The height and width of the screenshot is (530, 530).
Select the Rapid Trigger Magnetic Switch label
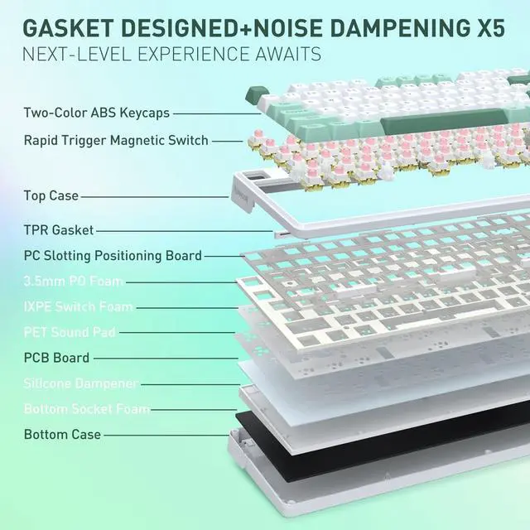(x=115, y=140)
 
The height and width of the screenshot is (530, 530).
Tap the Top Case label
(x=51, y=196)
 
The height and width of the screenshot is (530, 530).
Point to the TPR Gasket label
(x=59, y=230)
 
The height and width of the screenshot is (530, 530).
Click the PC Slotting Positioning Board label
(x=113, y=256)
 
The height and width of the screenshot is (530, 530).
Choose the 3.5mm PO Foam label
(x=73, y=282)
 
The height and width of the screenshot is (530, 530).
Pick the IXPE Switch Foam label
(x=78, y=307)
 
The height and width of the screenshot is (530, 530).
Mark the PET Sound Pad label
(x=70, y=333)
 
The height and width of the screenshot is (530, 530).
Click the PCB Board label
(x=56, y=358)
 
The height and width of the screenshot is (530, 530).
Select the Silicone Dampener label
(x=80, y=383)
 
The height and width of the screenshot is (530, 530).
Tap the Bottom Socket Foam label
(x=87, y=409)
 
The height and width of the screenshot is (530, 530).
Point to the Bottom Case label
(x=62, y=434)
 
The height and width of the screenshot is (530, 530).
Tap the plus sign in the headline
(x=241, y=27)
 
